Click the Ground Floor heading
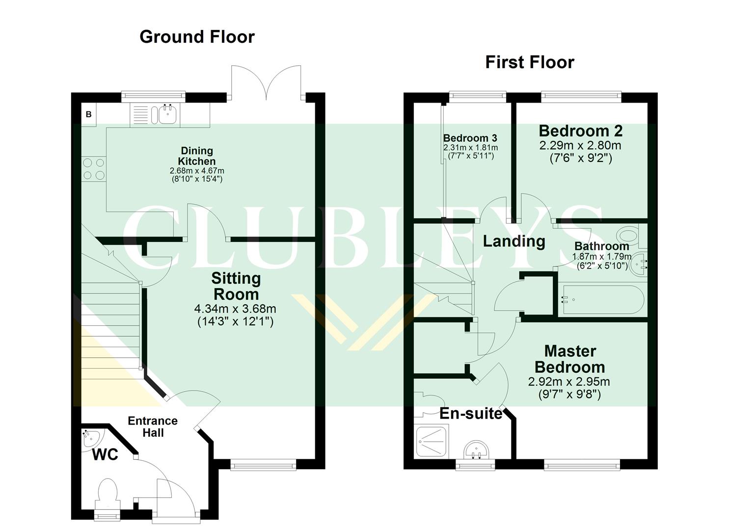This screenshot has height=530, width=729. coord(197,37)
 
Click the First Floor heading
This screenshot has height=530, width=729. coord(529,62)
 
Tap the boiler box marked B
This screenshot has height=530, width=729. coord(89,115)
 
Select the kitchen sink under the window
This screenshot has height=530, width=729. coord(167,115)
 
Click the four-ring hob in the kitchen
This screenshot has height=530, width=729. coord(93,168)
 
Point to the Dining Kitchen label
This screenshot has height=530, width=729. coord(196,156)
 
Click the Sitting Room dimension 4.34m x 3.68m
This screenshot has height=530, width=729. coord(235,309)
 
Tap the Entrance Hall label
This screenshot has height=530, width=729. coord(153,427)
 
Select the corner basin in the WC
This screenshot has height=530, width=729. coord(91,436)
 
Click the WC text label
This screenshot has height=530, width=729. coord(105,455)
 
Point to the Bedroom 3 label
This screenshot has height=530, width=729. coord(470,138)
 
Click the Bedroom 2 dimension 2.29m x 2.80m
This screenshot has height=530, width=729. coord(580,146)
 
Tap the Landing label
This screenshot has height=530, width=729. coord(514,241)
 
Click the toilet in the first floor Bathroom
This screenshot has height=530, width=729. coord(631,235)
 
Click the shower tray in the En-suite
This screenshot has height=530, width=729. coord(431,442)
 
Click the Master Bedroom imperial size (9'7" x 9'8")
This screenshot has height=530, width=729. coord(569,394)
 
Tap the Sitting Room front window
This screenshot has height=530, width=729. coord(263,465)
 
